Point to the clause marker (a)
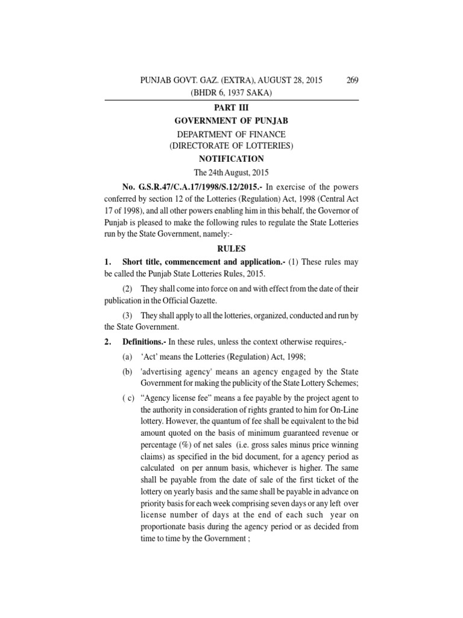tap(127, 357)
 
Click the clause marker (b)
tap(127, 372)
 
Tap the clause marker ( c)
tap(129, 400)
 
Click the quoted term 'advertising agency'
tap(179, 372)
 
